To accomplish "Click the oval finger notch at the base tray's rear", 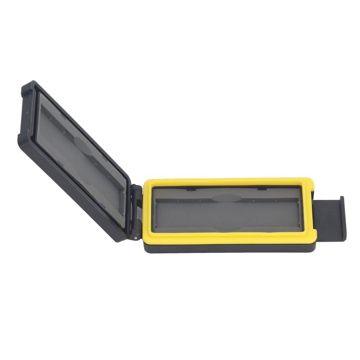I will click(225, 197).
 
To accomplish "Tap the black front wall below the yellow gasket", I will click(229, 247).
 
